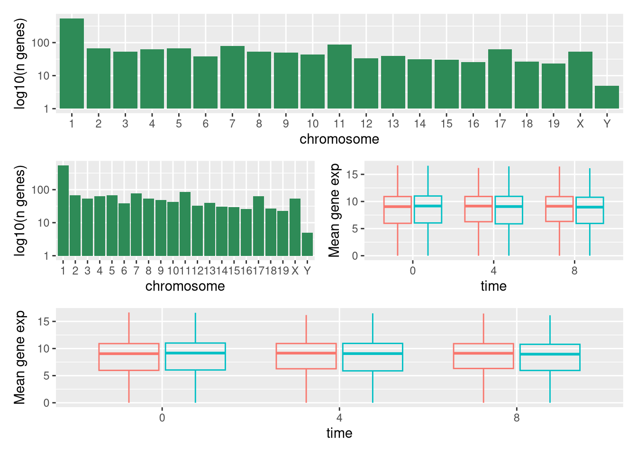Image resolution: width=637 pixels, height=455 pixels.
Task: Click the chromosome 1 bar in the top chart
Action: (x=72, y=64)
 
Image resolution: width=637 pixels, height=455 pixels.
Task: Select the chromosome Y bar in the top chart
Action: (x=607, y=97)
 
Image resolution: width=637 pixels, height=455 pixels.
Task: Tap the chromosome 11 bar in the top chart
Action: (x=339, y=76)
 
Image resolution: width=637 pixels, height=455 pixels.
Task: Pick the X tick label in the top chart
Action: (x=580, y=124)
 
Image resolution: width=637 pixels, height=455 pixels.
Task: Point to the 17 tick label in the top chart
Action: (x=500, y=124)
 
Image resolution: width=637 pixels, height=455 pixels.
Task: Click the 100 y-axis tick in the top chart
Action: (x=40, y=43)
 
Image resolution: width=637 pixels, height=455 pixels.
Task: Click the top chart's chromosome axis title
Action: (x=339, y=139)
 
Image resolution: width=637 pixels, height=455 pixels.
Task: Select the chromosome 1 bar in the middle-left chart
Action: (x=63, y=210)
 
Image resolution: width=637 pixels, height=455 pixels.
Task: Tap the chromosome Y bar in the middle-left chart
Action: (x=307, y=244)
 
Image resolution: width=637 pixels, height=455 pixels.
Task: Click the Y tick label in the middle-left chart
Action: (x=307, y=271)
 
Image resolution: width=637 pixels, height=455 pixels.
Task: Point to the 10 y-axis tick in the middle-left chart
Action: (x=43, y=223)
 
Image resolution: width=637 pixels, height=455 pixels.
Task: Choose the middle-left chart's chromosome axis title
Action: (x=185, y=286)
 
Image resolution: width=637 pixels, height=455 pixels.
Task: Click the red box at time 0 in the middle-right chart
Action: (x=397, y=209)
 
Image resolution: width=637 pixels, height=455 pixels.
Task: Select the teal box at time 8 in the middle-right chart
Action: (x=590, y=210)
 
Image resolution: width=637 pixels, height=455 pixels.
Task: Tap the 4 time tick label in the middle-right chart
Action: (x=493, y=271)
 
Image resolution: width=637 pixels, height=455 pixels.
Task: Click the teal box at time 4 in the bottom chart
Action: (x=373, y=357)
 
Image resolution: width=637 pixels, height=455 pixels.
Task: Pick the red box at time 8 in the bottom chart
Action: (x=483, y=356)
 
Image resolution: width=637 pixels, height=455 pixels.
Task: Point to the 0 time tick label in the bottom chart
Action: (x=162, y=418)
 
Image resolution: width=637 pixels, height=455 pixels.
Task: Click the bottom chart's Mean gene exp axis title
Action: (x=19, y=358)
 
